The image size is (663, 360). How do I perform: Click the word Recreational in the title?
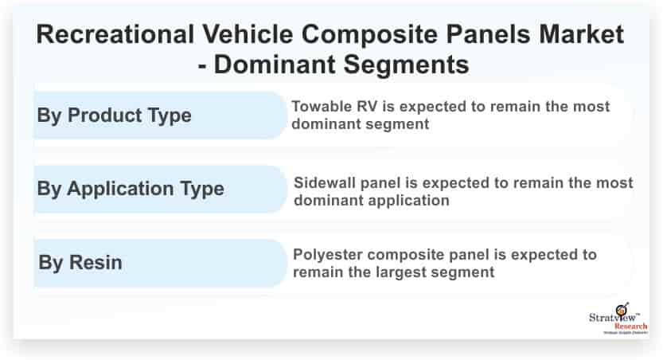(x=115, y=33)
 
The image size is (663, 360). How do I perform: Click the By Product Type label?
(x=114, y=115)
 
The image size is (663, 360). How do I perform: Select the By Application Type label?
(x=131, y=189)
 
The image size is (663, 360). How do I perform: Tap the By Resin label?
(x=80, y=262)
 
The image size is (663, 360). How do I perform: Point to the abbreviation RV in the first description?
(x=367, y=106)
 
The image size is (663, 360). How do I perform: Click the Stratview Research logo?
(x=618, y=319)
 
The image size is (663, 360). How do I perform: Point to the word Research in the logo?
(x=630, y=327)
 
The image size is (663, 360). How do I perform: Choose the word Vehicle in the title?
(x=248, y=33)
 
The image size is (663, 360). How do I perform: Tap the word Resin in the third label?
(x=96, y=262)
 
